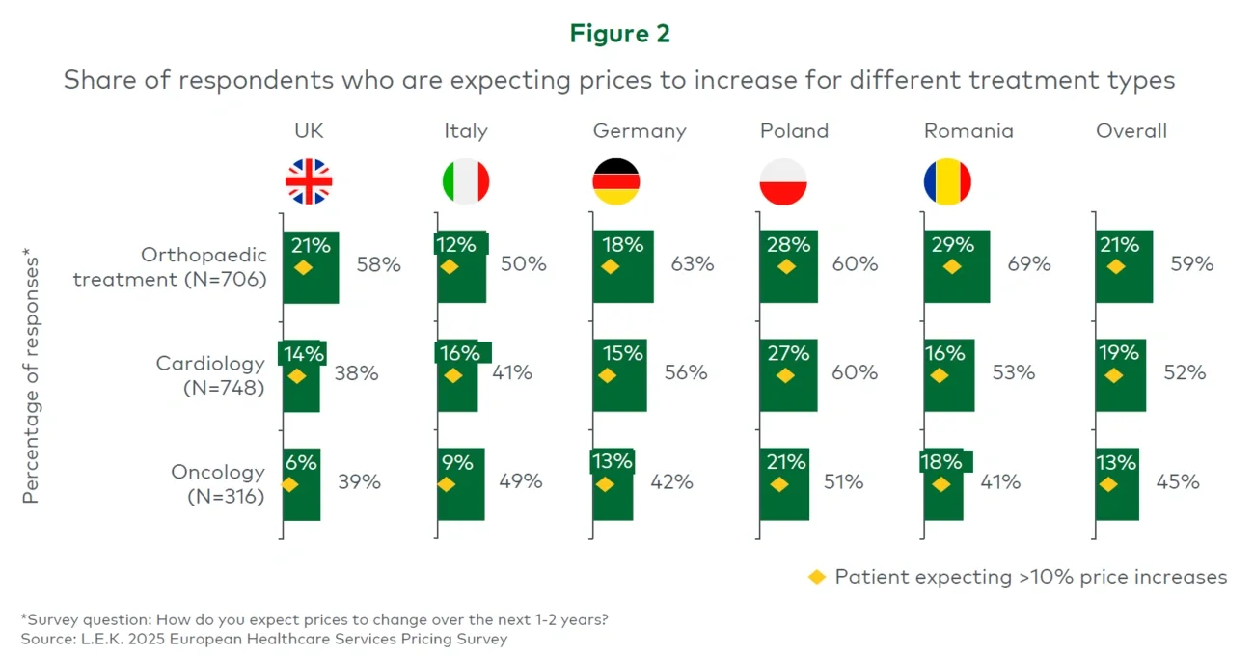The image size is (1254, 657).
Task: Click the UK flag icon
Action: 309,181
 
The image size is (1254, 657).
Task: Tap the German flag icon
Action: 615,181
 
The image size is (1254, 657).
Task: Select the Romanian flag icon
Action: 946,181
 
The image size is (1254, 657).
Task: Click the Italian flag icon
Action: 466,181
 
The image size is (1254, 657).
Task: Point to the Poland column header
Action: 794,131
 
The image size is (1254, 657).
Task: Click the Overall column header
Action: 1131,131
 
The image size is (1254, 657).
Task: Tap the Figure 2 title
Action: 619,34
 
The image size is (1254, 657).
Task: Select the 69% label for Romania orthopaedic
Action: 1029,263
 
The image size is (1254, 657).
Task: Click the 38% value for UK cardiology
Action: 356,372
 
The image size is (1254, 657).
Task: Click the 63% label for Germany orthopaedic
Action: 692,263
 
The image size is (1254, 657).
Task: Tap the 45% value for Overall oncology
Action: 1178,481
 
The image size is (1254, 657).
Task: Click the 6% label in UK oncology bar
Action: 301,463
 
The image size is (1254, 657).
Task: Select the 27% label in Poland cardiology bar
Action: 788,354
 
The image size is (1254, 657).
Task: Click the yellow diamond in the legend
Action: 817,577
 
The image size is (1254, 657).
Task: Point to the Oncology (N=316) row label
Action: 217,484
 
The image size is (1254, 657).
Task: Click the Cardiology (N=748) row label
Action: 209,375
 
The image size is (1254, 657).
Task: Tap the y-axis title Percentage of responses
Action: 31,376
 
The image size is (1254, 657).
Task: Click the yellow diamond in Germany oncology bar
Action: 605,484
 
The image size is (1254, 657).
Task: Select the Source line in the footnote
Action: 263,639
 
